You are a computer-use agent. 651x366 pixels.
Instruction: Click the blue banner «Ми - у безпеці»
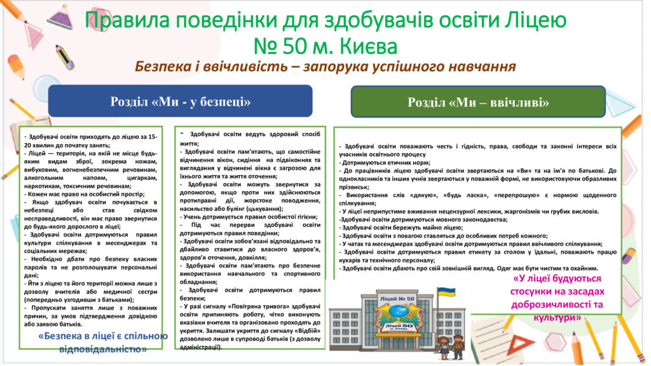[x=180, y=101]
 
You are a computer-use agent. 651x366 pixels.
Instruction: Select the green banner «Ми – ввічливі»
[x=478, y=102]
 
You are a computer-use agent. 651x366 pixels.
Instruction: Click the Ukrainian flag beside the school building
[x=446, y=292]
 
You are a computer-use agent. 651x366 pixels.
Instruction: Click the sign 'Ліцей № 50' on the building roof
[x=397, y=299]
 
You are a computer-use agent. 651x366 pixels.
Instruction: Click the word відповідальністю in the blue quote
[x=103, y=349]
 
